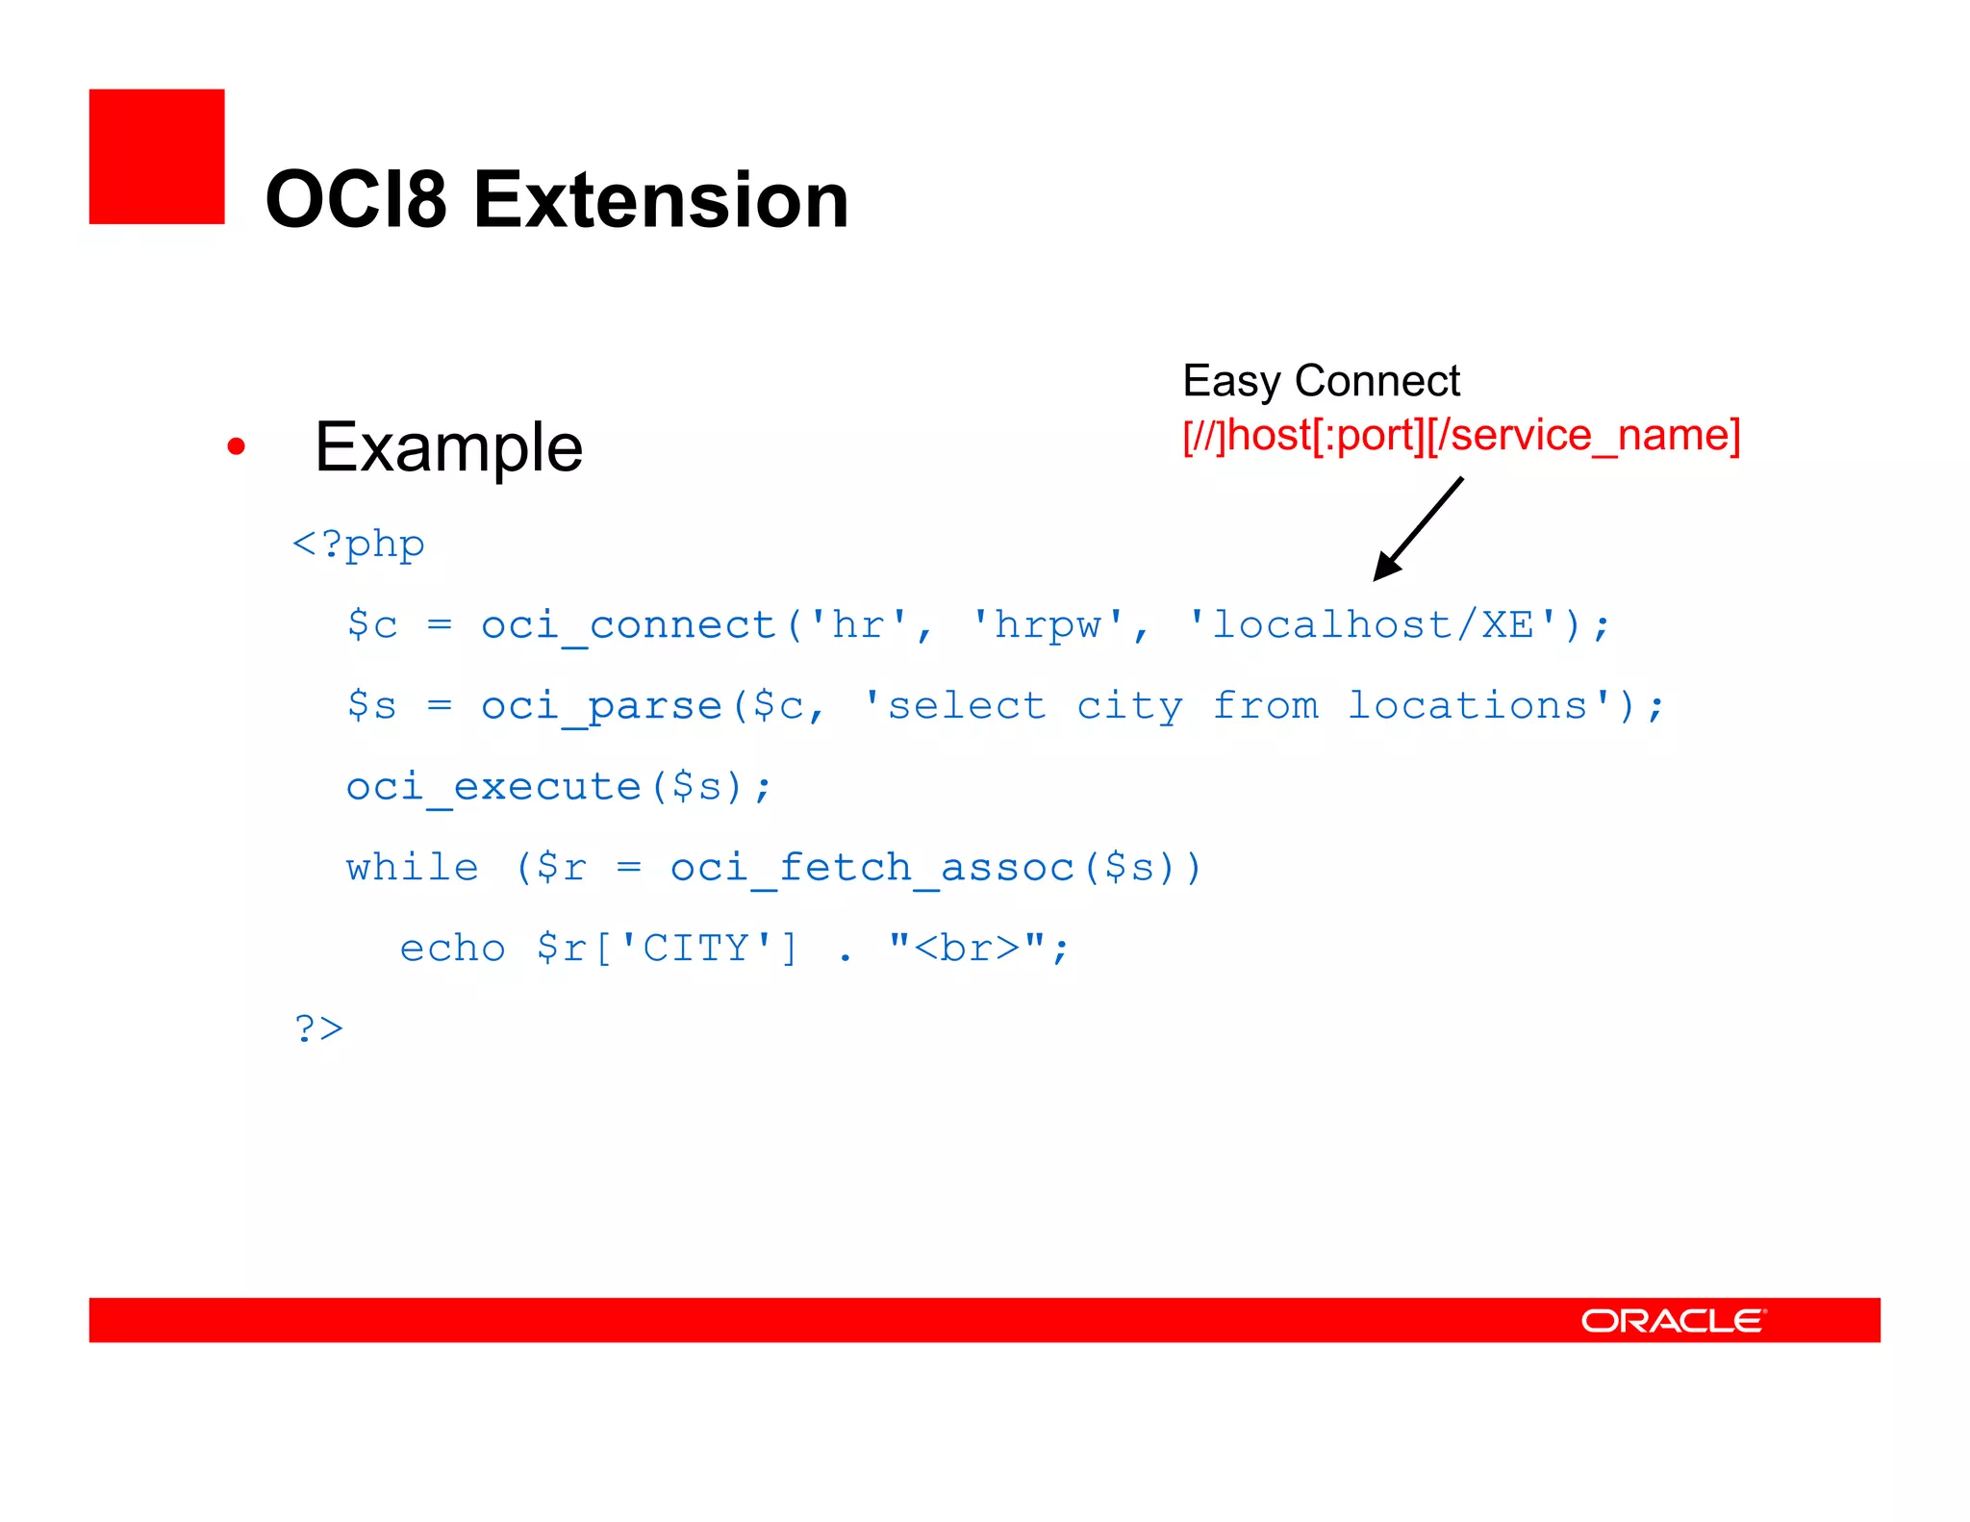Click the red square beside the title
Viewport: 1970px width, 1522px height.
(x=157, y=157)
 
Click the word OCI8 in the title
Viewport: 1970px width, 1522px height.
(x=356, y=200)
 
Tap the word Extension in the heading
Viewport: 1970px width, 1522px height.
(x=661, y=200)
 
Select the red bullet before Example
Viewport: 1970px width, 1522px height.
(x=237, y=446)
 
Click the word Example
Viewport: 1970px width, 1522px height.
(x=448, y=448)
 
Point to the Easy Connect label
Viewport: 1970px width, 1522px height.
(x=1321, y=381)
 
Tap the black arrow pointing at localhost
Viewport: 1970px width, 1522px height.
(x=1418, y=529)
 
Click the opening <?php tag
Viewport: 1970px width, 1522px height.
(x=359, y=545)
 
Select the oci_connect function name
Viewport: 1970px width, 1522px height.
(x=628, y=625)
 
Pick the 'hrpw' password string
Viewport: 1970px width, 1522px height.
(x=1048, y=625)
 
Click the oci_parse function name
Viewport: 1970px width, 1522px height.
(x=601, y=706)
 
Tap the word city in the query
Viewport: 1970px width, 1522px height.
(x=1129, y=706)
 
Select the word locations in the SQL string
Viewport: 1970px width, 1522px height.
(x=1468, y=706)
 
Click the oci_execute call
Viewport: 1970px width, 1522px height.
(x=558, y=787)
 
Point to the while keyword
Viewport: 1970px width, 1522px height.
(x=413, y=868)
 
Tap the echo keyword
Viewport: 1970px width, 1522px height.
(x=452, y=949)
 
